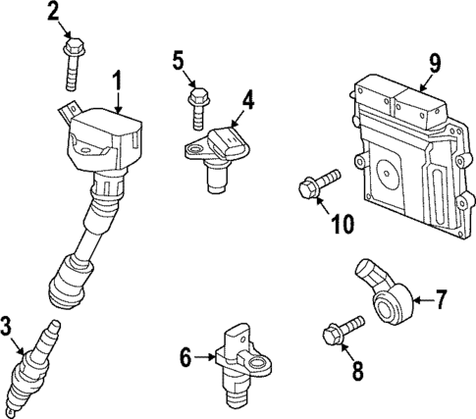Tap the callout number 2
click(x=53, y=12)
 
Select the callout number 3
click(x=9, y=324)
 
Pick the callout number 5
click(x=179, y=62)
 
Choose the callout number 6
click(x=185, y=358)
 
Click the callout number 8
click(x=357, y=370)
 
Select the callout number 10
click(x=341, y=224)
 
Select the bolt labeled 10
click(x=316, y=183)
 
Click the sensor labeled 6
click(x=238, y=365)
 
